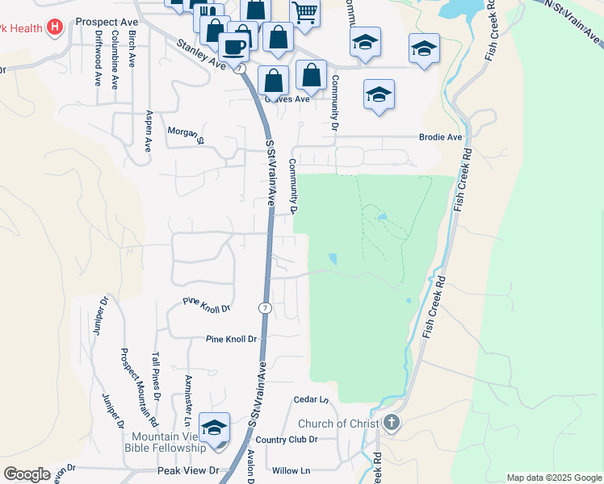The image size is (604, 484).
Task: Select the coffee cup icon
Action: pyautogui.click(x=234, y=47)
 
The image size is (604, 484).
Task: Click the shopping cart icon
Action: pyautogui.click(x=304, y=12)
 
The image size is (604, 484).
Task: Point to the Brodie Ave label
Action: pyautogui.click(x=441, y=138)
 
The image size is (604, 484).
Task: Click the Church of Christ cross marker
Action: pyautogui.click(x=391, y=422)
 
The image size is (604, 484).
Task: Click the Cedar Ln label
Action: pyautogui.click(x=311, y=399)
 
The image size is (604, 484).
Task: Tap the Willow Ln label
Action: pyautogui.click(x=291, y=470)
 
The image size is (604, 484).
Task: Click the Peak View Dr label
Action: pyautogui.click(x=188, y=470)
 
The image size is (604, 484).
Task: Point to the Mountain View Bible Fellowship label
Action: pyautogui.click(x=164, y=442)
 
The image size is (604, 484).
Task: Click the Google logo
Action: pyautogui.click(x=27, y=474)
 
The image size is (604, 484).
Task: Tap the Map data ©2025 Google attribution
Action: pyautogui.click(x=554, y=478)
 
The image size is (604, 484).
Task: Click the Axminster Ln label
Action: pyautogui.click(x=187, y=400)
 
